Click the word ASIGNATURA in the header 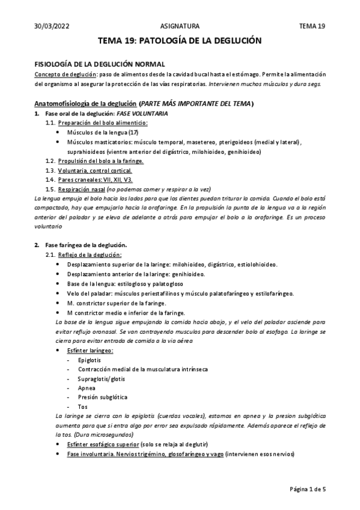tap(180, 26)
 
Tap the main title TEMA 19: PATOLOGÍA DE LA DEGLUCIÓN tap(180, 41)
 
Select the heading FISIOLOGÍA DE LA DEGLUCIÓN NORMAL tap(99, 64)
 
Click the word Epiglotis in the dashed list tap(90, 360)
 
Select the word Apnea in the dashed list tap(87, 388)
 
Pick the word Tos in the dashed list tap(83, 407)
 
